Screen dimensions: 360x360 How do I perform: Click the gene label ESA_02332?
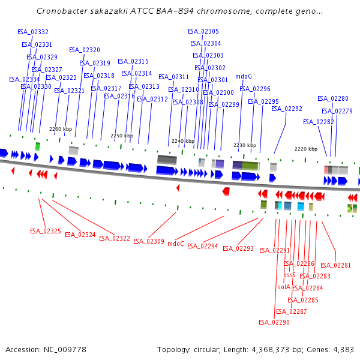click(x=33, y=32)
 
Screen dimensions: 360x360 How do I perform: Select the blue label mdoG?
click(x=244, y=77)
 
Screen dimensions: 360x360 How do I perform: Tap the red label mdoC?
click(x=176, y=244)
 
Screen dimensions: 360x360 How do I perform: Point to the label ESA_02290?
click(x=274, y=322)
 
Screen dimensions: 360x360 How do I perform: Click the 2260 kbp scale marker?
click(x=61, y=129)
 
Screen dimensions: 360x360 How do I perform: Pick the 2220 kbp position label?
click(x=306, y=149)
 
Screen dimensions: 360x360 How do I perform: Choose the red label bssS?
click(x=290, y=275)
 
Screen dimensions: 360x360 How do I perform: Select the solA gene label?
click(x=284, y=287)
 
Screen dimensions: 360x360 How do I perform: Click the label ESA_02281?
click(x=335, y=265)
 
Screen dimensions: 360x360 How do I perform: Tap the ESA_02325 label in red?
click(x=46, y=231)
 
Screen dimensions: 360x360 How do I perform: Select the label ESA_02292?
click(x=287, y=109)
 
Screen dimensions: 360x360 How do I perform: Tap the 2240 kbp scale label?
click(x=183, y=141)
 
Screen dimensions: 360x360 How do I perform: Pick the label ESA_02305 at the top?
click(x=203, y=31)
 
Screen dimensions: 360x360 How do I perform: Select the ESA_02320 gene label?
click(x=85, y=50)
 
